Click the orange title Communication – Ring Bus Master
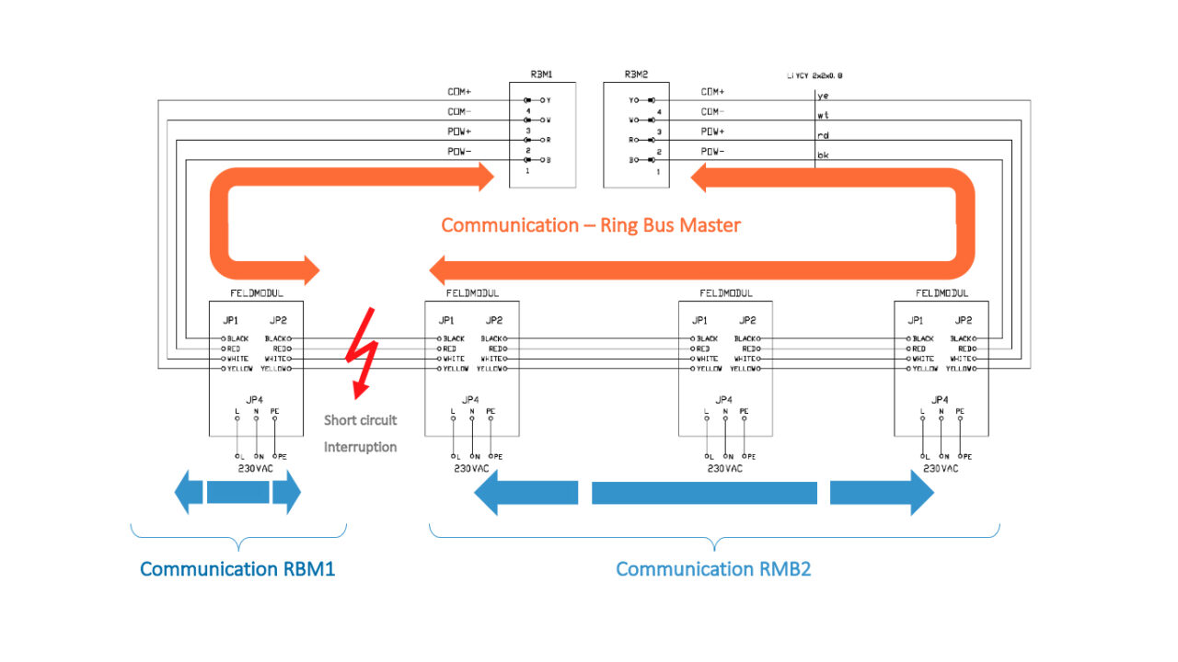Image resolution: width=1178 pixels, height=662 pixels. tap(590, 225)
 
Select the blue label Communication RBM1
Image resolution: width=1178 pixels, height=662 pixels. tap(237, 569)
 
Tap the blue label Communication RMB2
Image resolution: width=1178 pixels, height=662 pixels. tap(713, 569)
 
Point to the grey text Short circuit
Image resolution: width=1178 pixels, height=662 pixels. tap(360, 420)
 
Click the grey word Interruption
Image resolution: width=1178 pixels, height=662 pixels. tap(360, 447)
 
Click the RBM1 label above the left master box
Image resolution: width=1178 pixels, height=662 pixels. tap(542, 74)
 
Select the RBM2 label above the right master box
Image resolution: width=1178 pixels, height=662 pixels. tap(636, 74)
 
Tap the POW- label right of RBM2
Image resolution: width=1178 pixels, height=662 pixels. tap(712, 151)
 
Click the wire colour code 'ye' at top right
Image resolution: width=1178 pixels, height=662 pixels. tap(823, 95)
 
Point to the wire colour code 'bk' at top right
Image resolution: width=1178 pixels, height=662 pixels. tap(823, 155)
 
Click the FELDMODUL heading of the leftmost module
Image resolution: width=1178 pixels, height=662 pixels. tap(255, 293)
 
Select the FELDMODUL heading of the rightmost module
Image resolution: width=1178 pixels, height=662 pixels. tap(941, 293)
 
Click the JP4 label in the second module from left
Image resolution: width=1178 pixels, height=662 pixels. tap(470, 399)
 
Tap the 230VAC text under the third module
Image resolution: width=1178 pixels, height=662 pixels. tap(724, 468)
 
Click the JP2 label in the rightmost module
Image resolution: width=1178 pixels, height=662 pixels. tap(963, 321)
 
